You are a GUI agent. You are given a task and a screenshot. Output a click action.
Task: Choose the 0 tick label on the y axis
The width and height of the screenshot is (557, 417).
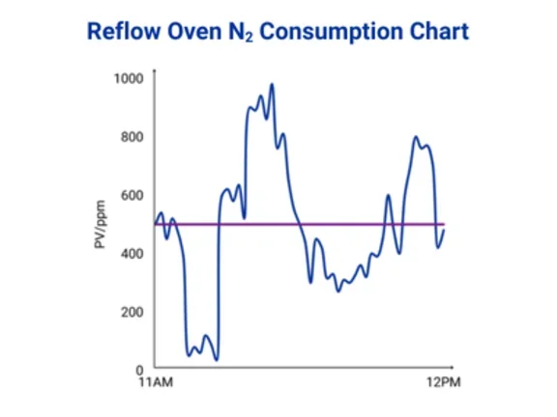[138, 370]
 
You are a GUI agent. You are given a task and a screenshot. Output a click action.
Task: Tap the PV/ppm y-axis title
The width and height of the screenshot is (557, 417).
[100, 224]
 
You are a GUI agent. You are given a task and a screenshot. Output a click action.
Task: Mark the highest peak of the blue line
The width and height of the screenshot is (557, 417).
[273, 84]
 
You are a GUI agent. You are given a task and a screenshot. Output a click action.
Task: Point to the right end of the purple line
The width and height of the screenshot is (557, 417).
[444, 224]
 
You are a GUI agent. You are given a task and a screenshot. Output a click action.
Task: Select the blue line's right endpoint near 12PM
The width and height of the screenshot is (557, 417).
[444, 229]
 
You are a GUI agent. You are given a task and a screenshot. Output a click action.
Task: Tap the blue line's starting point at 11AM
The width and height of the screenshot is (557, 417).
[155, 224]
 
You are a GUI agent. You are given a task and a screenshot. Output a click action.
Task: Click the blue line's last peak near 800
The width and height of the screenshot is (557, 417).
[417, 137]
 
